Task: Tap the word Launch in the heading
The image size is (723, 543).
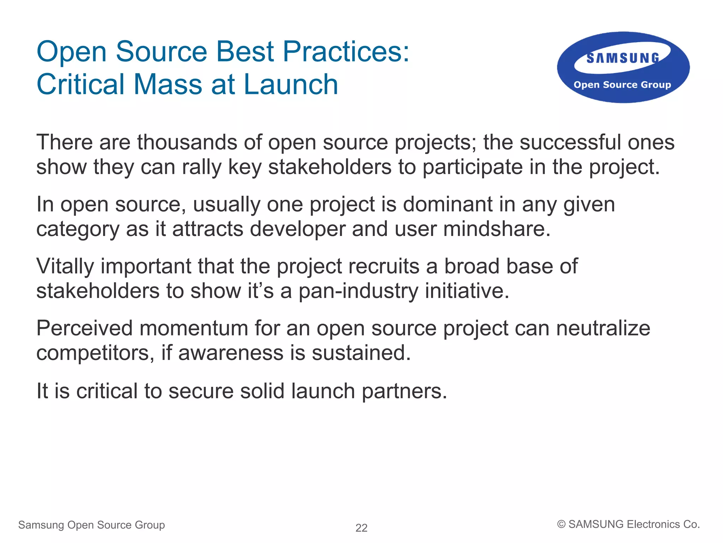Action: [291, 84]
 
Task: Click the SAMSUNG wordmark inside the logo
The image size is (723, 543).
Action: [623, 58]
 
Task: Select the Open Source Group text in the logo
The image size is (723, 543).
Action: [622, 85]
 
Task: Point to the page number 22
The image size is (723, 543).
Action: [361, 528]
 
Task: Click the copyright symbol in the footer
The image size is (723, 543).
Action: [561, 524]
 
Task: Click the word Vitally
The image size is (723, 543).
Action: [65, 266]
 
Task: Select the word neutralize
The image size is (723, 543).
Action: [603, 328]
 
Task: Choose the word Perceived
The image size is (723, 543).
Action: [85, 328]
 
